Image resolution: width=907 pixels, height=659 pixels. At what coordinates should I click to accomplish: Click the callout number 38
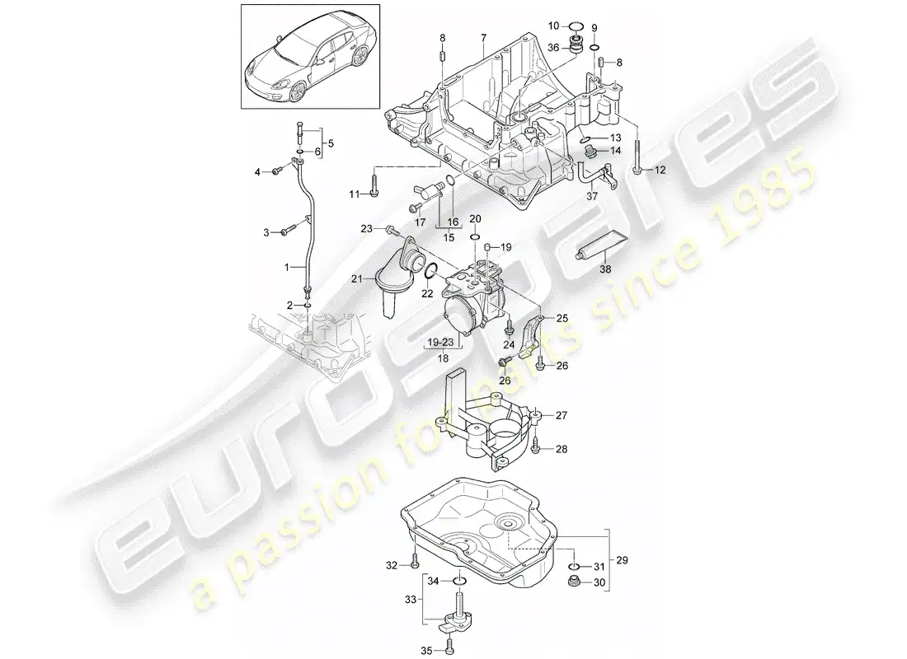click(605, 269)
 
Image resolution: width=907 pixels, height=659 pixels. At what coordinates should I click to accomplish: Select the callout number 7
click(483, 38)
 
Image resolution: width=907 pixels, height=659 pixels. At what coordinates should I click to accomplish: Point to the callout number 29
click(622, 560)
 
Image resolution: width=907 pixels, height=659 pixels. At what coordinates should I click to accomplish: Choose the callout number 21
click(357, 278)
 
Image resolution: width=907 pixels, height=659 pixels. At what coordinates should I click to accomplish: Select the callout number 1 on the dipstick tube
click(286, 268)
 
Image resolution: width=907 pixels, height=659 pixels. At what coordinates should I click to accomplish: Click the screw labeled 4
click(278, 171)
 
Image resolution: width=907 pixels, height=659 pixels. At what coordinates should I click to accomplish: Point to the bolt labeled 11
click(374, 184)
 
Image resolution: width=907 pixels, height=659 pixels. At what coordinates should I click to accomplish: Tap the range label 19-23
click(440, 342)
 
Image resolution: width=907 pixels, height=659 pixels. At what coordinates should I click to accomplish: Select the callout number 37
click(592, 197)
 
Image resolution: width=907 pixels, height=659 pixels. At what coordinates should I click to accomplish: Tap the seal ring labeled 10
click(575, 26)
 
